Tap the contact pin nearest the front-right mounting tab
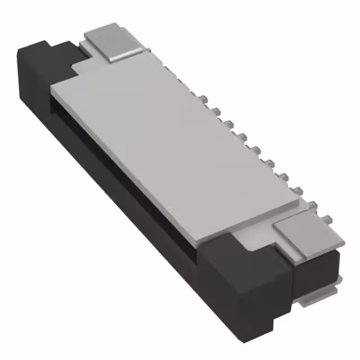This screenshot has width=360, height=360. tap(312, 205)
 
